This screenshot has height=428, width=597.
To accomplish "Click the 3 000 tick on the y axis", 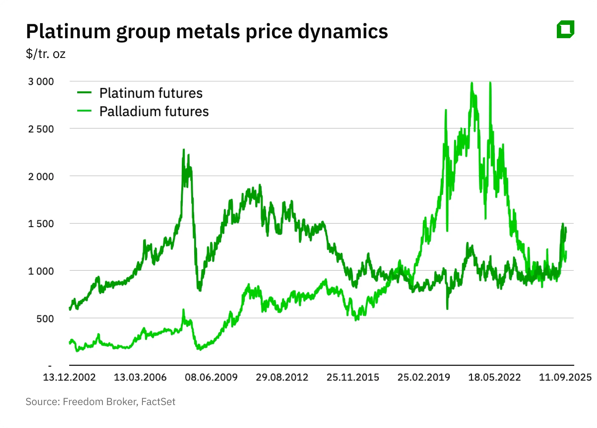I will (41, 82).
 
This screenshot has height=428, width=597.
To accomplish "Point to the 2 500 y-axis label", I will (41, 129).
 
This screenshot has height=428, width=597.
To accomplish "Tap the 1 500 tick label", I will (41, 224).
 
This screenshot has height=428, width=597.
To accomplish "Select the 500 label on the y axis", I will (45, 319).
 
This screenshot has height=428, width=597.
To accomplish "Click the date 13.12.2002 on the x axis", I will (69, 377).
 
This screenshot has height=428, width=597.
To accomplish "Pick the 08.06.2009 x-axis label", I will (211, 377).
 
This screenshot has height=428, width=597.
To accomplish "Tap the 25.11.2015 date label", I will (353, 377).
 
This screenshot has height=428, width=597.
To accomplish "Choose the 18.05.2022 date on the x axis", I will (494, 377).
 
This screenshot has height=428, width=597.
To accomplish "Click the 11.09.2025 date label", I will (565, 377).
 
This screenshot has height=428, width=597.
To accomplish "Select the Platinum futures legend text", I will (151, 93).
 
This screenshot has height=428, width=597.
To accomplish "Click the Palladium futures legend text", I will (154, 111).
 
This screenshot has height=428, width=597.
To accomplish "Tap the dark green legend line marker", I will (84, 93).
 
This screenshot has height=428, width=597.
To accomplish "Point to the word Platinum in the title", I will (68, 32).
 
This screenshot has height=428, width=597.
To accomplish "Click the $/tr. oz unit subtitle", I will (46, 54).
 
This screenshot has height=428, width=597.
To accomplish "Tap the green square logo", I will (565, 30).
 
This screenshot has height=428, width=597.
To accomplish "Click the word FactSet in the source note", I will (158, 402).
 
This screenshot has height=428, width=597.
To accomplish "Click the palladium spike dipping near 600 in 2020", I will (447, 308).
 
